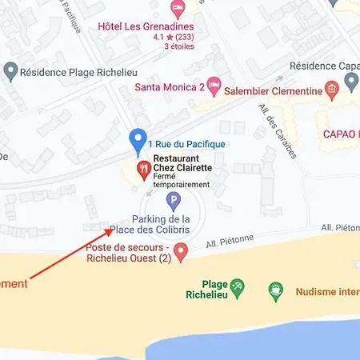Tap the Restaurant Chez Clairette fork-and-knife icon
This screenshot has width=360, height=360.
tap(144, 168)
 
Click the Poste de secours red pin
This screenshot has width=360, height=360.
tap(182, 254)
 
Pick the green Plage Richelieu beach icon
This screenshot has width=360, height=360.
tap(237, 286)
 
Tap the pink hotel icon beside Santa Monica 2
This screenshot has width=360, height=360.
tap(214, 85)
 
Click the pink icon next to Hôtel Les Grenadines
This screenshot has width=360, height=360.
tap(178, 8)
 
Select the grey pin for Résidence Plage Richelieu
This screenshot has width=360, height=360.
tap(10, 72)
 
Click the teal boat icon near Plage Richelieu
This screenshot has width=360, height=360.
tap(276, 287)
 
